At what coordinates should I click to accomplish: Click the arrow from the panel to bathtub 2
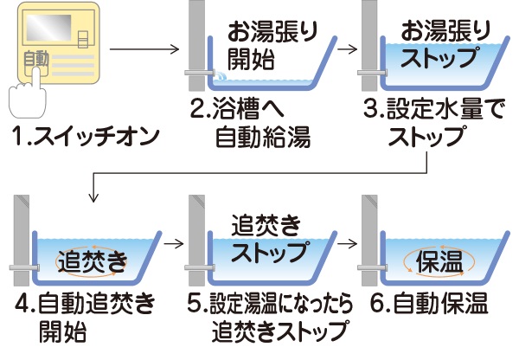coord(143,49)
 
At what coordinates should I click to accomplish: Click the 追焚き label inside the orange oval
coord(92,258)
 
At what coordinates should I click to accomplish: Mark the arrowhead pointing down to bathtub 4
coord(90,197)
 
